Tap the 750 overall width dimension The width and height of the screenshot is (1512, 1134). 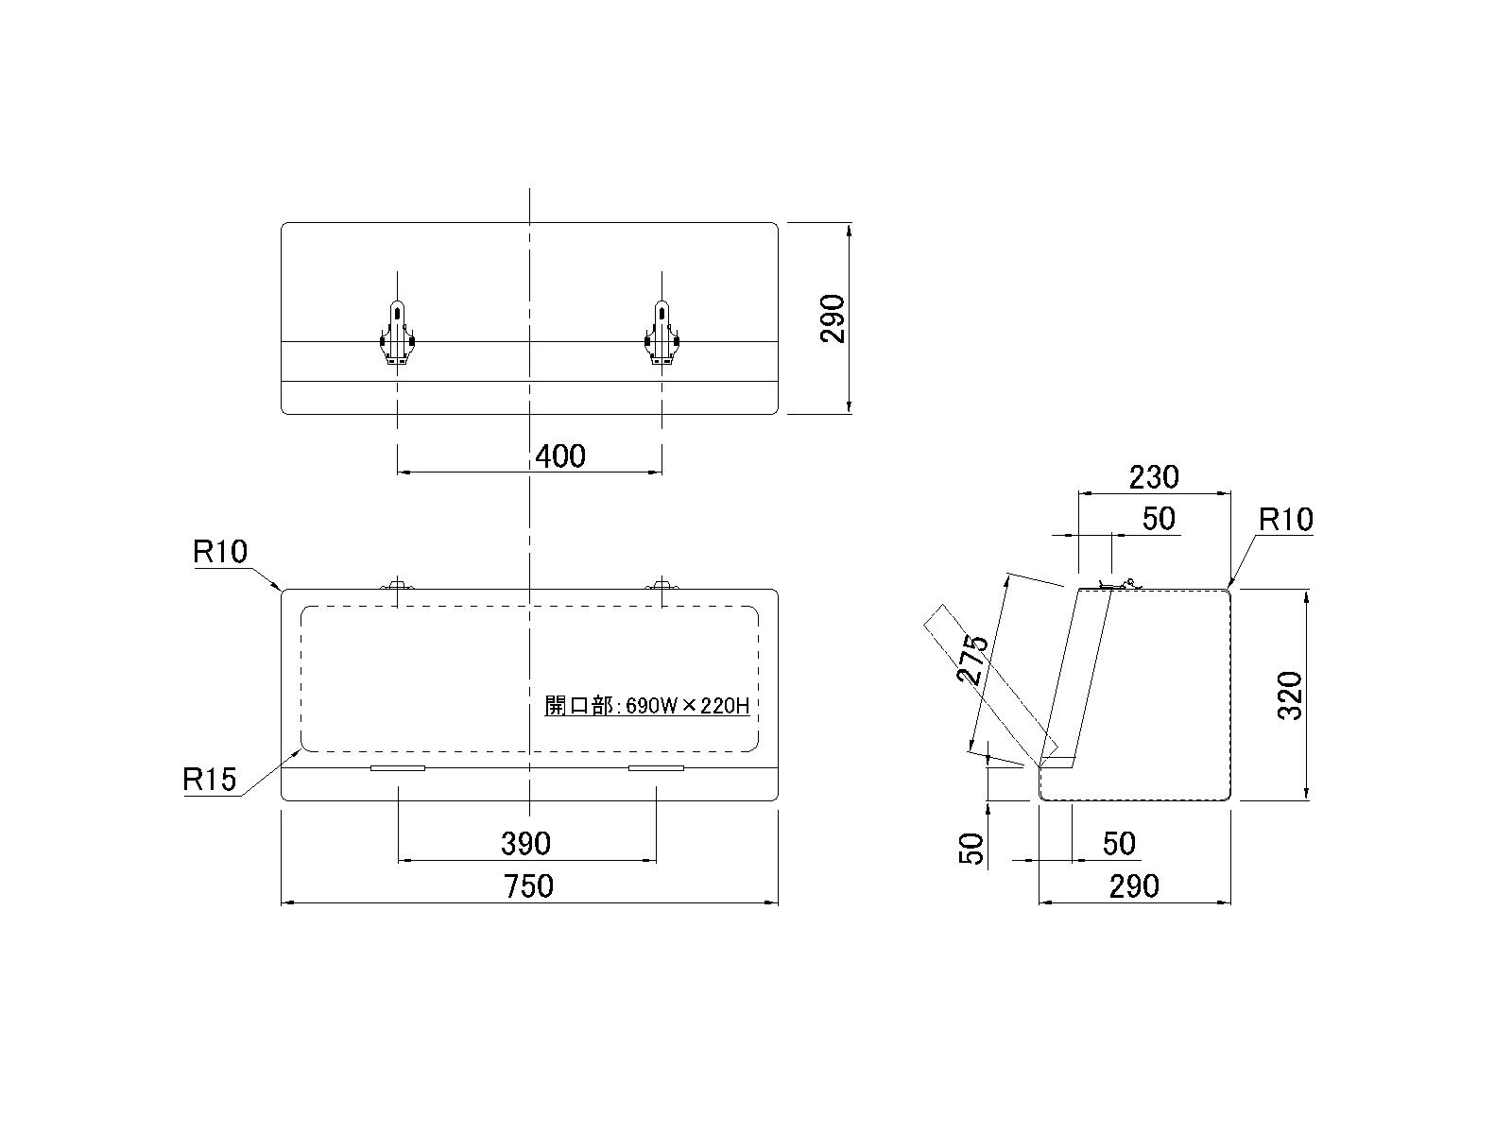(x=528, y=886)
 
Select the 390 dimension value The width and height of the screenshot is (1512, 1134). (x=525, y=843)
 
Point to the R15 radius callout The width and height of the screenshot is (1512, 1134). (x=209, y=780)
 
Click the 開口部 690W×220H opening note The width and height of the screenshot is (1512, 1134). (x=647, y=705)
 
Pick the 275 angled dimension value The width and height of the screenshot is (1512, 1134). (x=973, y=660)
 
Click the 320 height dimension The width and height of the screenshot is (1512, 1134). (x=1290, y=696)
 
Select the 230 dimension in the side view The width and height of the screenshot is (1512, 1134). (x=1154, y=477)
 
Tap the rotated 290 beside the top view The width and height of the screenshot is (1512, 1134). (x=833, y=318)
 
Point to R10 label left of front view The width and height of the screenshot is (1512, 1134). (x=219, y=552)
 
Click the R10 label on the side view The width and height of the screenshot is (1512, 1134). (x=1285, y=520)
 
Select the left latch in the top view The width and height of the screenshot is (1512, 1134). (x=397, y=333)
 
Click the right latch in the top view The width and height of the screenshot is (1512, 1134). (x=661, y=333)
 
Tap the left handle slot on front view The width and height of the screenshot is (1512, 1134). (x=398, y=768)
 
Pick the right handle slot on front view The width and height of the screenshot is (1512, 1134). (x=656, y=768)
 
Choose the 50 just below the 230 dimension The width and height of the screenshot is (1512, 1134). (x=1158, y=519)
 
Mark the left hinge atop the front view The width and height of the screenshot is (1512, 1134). (x=397, y=586)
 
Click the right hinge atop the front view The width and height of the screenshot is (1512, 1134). (x=661, y=586)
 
